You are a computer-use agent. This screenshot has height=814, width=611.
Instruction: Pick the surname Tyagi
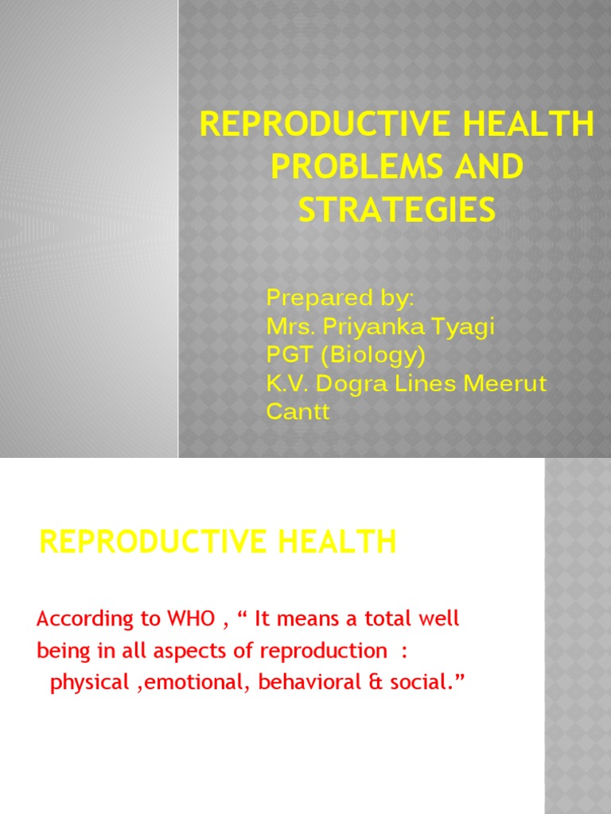[x=463, y=328]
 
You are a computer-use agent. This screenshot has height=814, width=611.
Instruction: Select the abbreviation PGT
[x=286, y=355]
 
